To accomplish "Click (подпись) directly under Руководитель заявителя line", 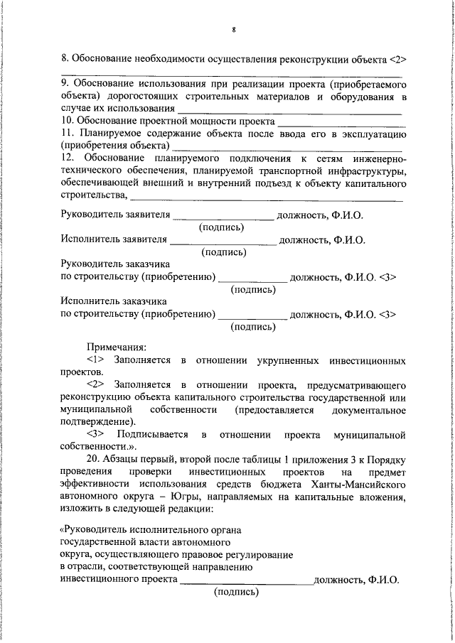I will (x=222, y=227).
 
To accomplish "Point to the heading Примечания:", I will (x=117, y=347).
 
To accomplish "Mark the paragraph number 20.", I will (x=95, y=458).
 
